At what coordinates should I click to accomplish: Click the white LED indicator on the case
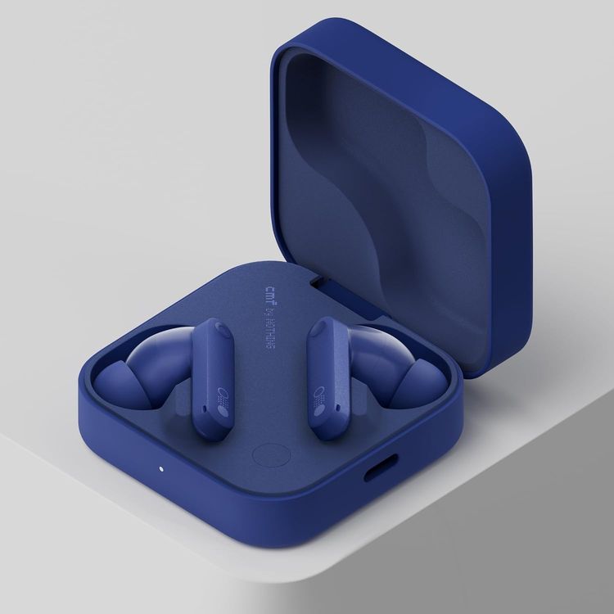(160, 469)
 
